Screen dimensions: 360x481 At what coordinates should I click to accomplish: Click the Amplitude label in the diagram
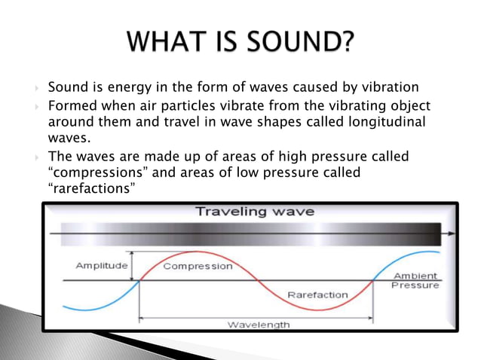click(102, 266)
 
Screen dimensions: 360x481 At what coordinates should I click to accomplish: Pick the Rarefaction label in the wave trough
click(318, 294)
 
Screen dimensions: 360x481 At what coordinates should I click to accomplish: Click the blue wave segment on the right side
click(411, 258)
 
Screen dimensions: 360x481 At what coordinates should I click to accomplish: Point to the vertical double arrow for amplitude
click(132, 266)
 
